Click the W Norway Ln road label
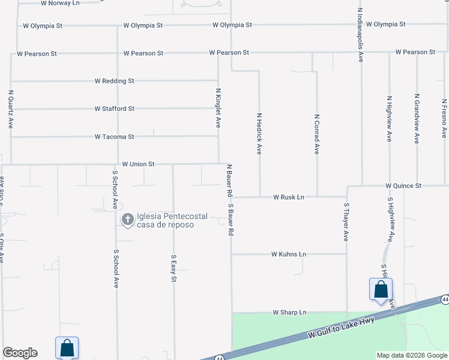tap(60, 3)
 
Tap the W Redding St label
tap(114, 81)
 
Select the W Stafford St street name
tap(114, 109)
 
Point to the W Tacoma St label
tap(114, 137)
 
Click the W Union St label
tap(138, 164)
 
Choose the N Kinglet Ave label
tap(218, 108)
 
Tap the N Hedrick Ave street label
tap(259, 134)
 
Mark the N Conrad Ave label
tap(316, 134)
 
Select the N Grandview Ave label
tap(417, 118)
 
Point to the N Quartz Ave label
tap(11, 110)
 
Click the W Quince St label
tap(403, 186)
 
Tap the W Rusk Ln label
tap(289, 197)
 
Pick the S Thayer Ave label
tap(346, 222)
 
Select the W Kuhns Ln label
tap(289, 254)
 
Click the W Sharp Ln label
tap(289, 313)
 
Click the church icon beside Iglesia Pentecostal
tap(127, 220)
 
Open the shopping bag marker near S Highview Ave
tap(381, 289)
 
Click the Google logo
tap(20, 353)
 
